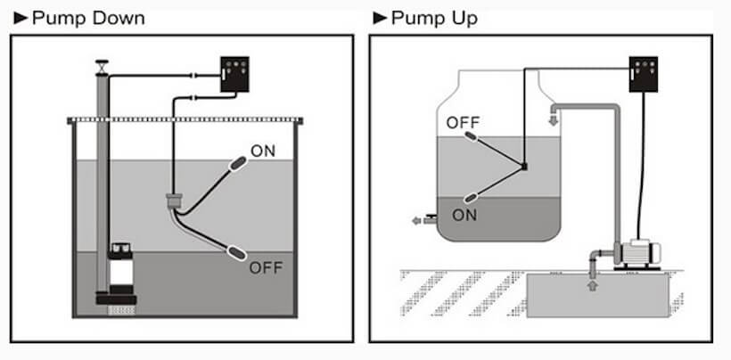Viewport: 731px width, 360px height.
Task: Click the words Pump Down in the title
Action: [87, 18]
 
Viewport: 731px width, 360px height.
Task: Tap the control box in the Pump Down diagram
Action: [234, 76]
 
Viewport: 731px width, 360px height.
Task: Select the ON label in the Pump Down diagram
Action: [263, 151]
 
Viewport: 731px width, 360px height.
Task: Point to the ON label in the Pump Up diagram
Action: [464, 215]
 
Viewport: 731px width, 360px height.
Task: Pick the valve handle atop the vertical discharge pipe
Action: [103, 65]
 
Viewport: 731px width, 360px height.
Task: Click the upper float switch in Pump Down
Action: [238, 163]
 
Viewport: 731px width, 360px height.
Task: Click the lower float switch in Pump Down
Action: [237, 252]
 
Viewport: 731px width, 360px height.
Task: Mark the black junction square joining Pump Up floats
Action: [524, 167]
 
